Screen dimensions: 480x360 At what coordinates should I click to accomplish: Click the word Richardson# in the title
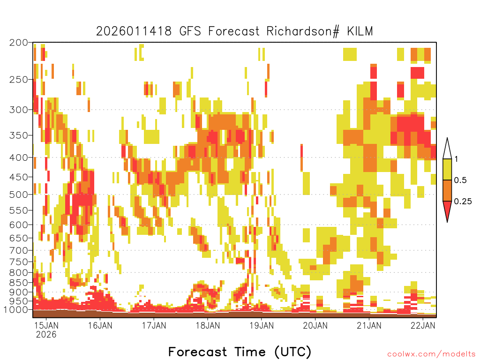[303, 31]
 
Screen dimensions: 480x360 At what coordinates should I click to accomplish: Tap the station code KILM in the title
[360, 31]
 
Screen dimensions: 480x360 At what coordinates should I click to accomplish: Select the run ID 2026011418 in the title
[134, 31]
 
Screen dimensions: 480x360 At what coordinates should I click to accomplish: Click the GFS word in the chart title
[190, 31]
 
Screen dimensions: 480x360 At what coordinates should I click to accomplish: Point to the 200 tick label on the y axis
[19, 43]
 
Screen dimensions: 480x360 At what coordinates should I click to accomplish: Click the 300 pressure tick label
[19, 110]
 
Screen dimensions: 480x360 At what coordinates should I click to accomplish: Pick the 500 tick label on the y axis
[19, 195]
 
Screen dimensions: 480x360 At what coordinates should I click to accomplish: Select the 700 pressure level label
[19, 250]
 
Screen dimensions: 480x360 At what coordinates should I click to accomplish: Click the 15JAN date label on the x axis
[46, 325]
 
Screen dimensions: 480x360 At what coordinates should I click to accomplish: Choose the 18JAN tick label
[208, 325]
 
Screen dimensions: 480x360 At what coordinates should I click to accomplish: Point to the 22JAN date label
[423, 325]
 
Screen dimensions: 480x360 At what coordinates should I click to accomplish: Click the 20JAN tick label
[315, 325]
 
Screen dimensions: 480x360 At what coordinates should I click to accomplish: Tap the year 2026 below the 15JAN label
[46, 334]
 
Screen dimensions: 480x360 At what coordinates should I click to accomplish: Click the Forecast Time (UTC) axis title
[240, 352]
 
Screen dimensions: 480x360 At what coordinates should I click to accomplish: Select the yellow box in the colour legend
[447, 169]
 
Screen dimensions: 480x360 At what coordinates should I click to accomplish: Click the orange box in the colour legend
[447, 190]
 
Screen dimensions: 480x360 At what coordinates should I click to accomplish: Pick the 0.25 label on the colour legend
[463, 202]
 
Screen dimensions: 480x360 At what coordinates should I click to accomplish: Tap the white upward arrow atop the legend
[447, 149]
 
